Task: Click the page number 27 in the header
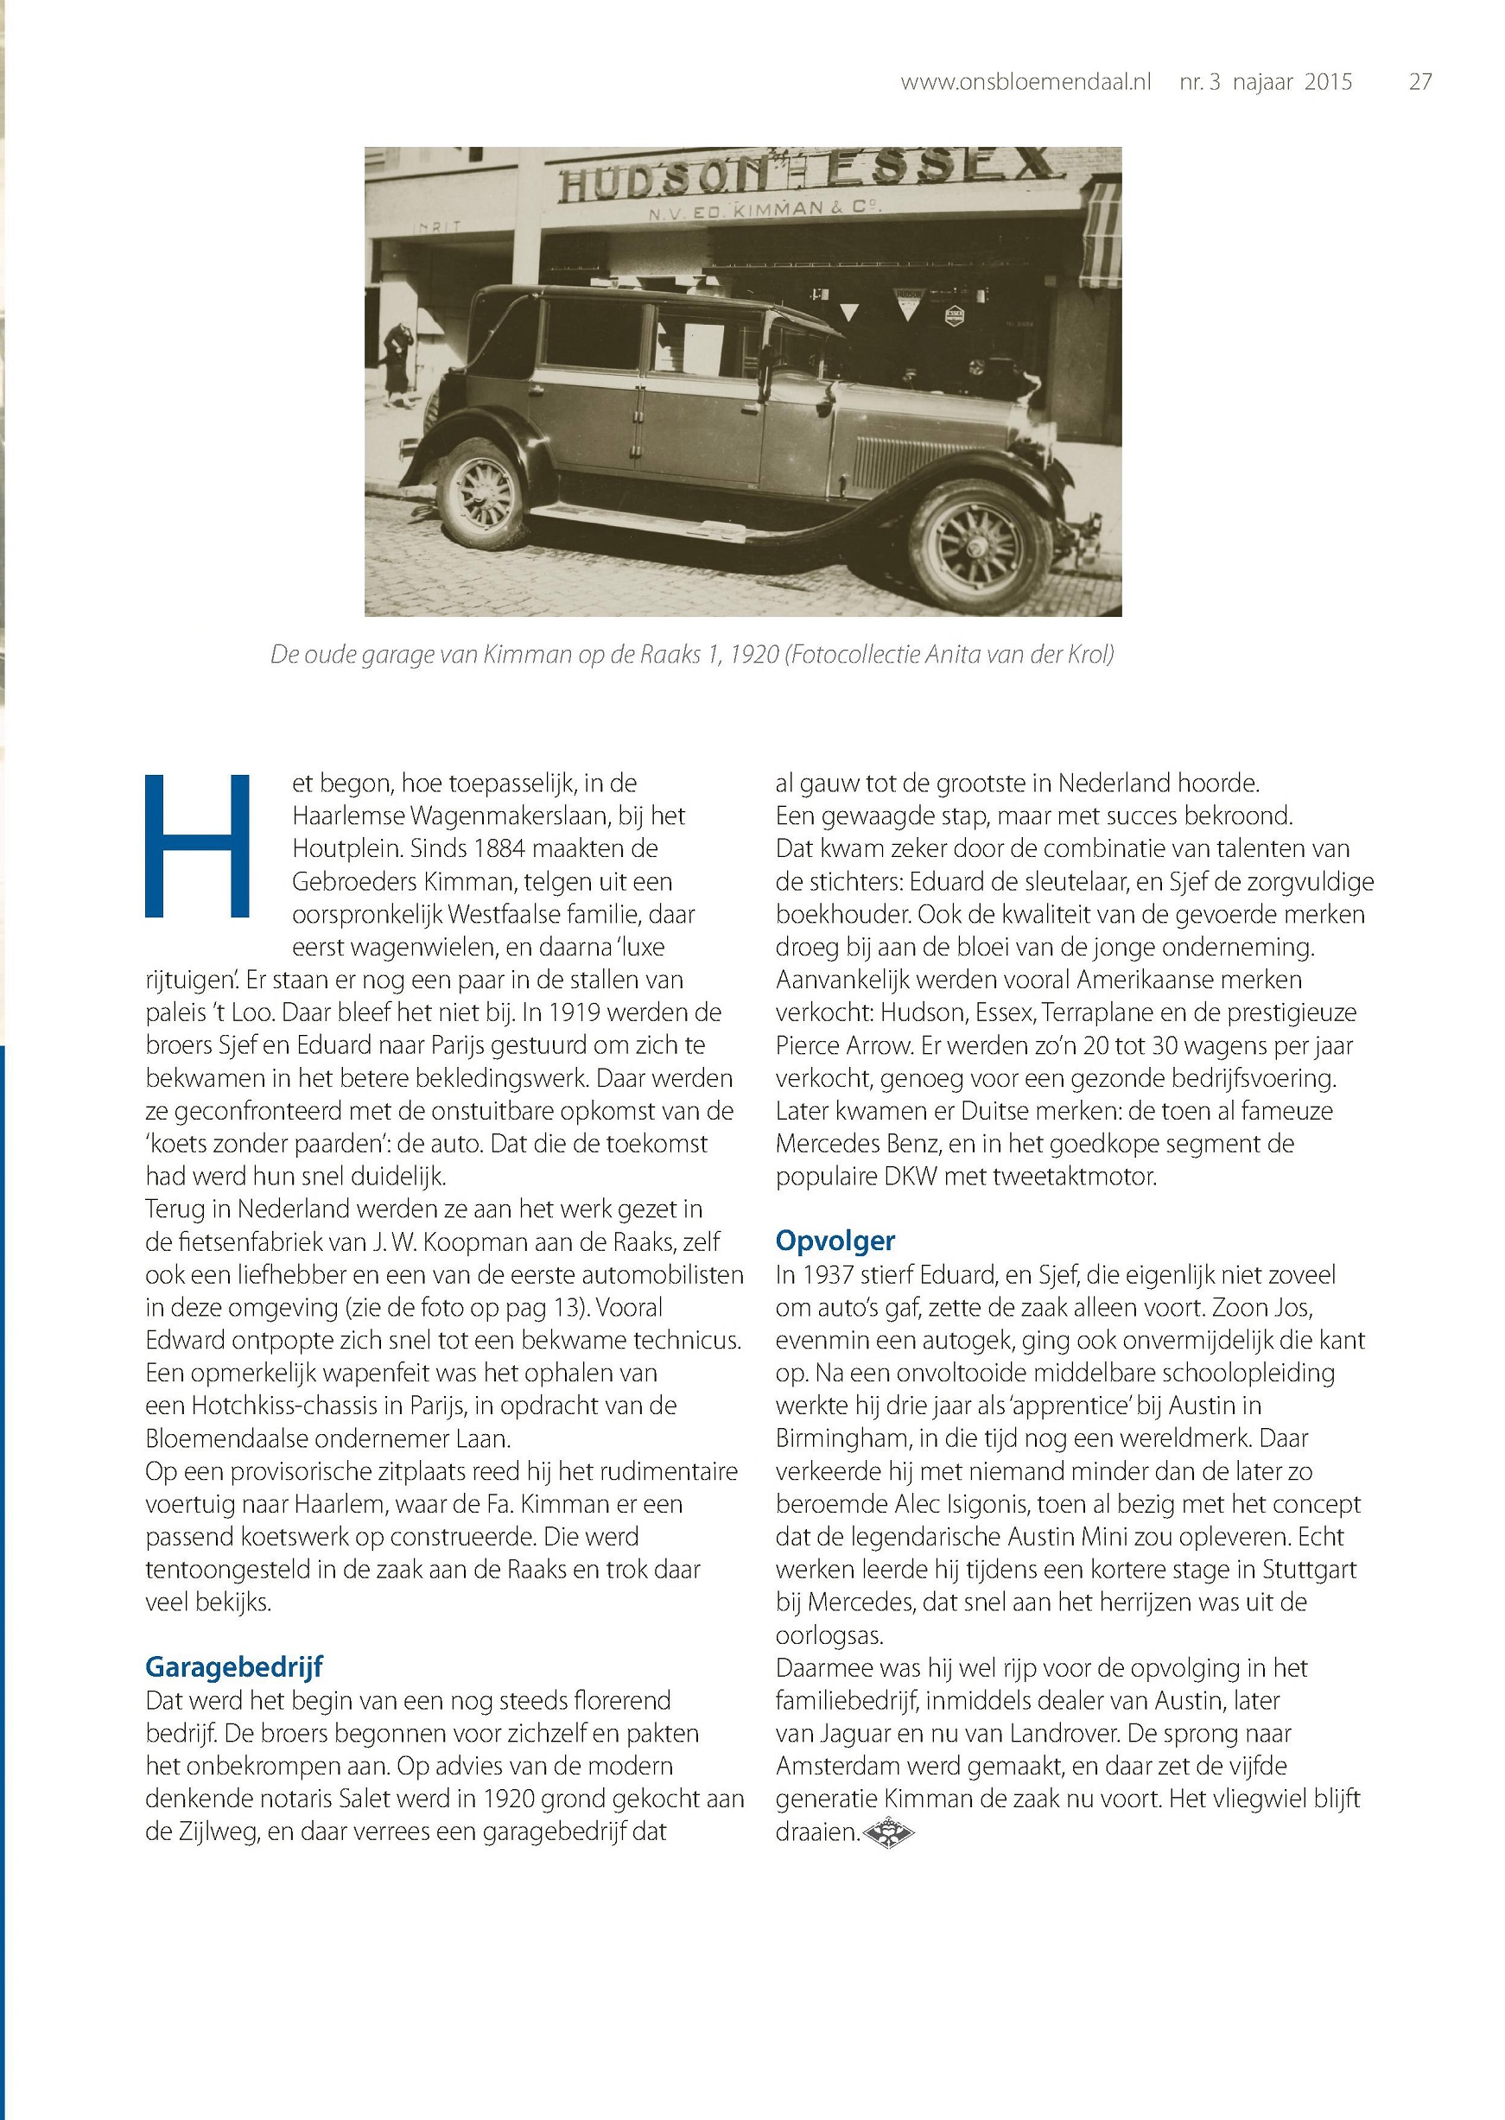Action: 1419,82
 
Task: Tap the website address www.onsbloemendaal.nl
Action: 1025,82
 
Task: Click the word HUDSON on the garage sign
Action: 664,180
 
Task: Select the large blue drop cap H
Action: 197,846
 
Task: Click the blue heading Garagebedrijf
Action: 233,1667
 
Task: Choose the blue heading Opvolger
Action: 835,1241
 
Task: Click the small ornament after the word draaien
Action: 888,1831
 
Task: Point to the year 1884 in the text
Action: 496,848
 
